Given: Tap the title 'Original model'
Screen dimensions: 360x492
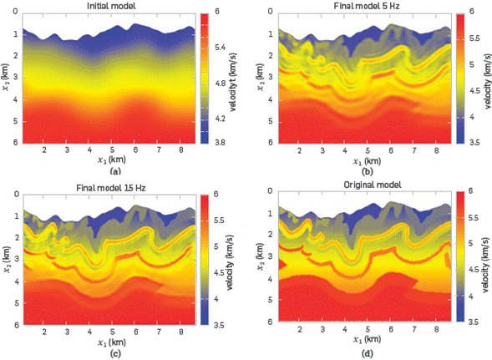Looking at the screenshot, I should coord(360,185).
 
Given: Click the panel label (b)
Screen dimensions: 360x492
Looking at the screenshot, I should coord(360,170).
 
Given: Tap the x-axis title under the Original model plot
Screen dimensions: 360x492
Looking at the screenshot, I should coord(360,342).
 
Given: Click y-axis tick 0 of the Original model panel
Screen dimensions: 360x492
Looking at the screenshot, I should coord(259,193).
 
